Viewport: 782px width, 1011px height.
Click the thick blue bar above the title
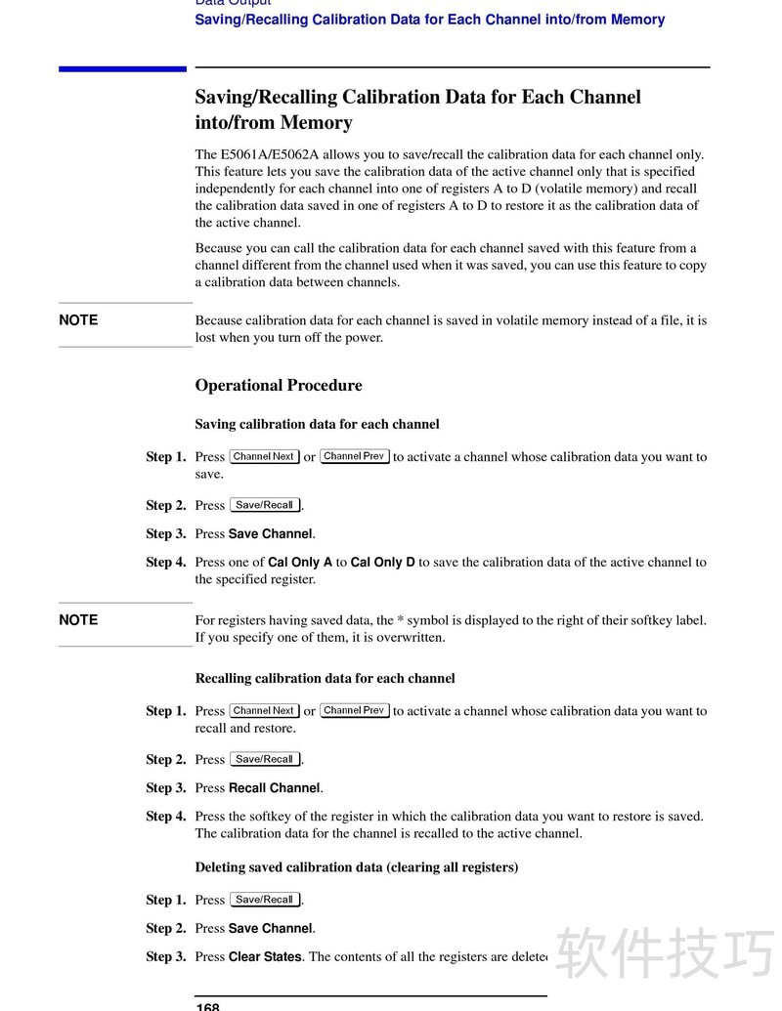pos(122,68)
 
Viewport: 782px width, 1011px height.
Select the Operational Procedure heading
pos(279,385)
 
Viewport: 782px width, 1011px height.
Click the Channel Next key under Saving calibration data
pos(264,456)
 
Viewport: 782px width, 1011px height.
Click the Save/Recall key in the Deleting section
pos(265,900)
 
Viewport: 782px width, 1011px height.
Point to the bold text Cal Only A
pos(300,563)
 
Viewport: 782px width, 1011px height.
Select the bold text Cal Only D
pos(383,563)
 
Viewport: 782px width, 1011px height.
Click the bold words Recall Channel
pos(275,788)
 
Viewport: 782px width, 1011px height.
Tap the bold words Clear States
pos(265,957)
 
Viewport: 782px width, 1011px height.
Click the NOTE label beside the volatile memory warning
pos(78,320)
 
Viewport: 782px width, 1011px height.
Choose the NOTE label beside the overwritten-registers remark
pos(78,620)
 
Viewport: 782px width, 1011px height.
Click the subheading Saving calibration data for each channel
pos(317,424)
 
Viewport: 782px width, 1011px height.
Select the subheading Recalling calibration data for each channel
pos(325,678)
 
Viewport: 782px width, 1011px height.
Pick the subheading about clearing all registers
pos(356,867)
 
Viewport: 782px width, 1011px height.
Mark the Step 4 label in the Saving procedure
pos(165,563)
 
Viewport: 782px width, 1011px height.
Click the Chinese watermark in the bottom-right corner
pos(665,952)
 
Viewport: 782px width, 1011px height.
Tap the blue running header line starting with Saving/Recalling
pos(430,20)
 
